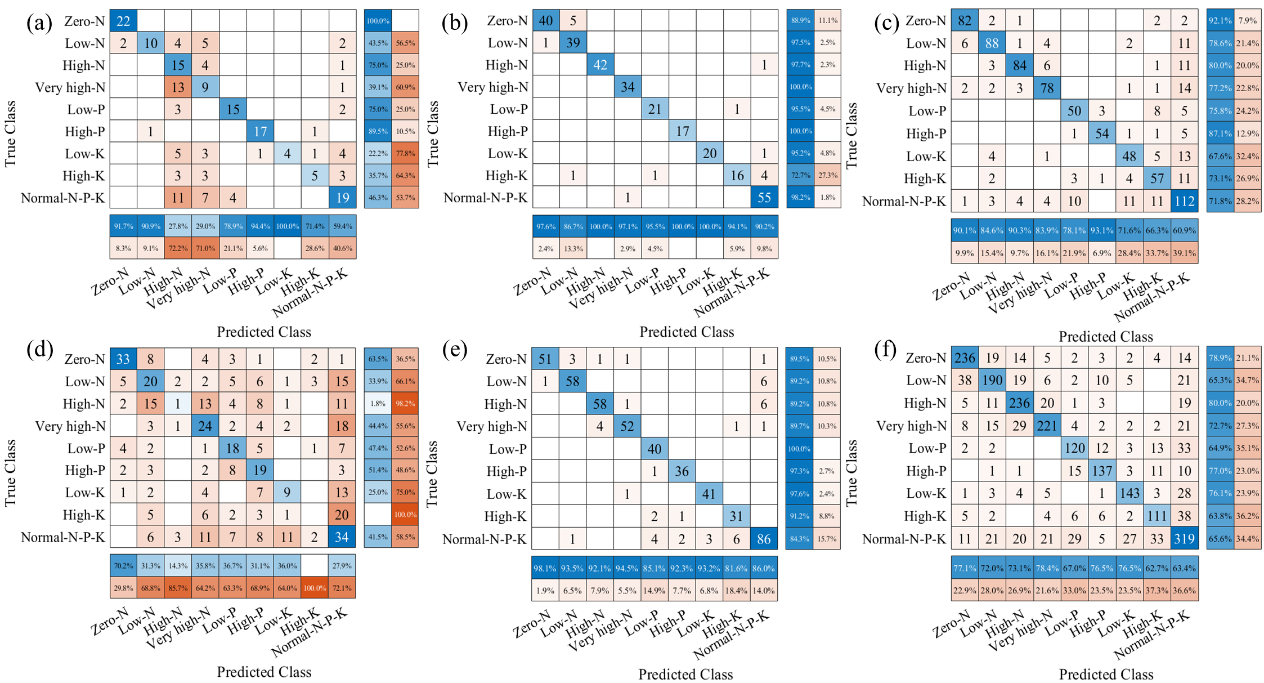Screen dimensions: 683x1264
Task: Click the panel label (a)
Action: pos(39,24)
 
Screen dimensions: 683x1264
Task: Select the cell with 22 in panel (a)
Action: pos(123,21)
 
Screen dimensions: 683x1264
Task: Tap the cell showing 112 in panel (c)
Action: pos(1184,201)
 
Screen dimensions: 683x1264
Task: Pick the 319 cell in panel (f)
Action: pos(1184,539)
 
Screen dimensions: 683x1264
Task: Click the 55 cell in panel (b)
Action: pos(764,198)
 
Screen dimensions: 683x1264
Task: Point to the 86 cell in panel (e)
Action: pos(763,539)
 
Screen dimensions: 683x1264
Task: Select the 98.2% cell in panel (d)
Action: pos(405,404)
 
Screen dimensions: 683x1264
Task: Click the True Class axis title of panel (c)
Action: pos(851,135)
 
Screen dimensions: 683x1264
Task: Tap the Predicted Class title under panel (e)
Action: pos(685,674)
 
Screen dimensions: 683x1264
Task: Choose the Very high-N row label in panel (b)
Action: pos(493,87)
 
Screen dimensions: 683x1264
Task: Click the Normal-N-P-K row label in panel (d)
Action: pos(63,537)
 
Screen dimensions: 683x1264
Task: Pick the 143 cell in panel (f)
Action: pos(1129,493)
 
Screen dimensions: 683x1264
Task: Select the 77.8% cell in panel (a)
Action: pos(405,153)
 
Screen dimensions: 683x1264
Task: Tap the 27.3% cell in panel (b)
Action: pos(827,175)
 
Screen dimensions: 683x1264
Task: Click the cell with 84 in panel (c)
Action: pos(1019,66)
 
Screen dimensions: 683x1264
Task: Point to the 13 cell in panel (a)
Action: pos(178,87)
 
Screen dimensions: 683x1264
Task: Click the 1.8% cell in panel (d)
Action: pos(378,404)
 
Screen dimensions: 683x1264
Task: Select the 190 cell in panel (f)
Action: pos(992,381)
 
